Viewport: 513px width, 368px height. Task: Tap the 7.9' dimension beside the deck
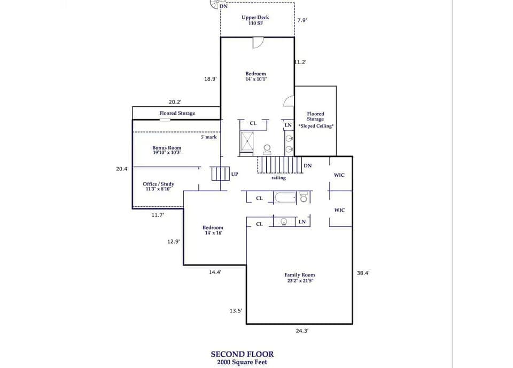(302, 20)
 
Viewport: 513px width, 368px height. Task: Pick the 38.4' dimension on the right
(363, 273)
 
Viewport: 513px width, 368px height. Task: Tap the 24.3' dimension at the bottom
(302, 331)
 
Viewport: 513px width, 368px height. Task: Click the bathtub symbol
(284, 199)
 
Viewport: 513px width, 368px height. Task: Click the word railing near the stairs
(278, 178)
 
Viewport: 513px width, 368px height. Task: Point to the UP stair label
(235, 174)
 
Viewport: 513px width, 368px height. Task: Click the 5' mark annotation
(208, 137)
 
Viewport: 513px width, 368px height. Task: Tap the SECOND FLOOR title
(242, 354)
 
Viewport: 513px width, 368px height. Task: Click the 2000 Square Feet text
(242, 362)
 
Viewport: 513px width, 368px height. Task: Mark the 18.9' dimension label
(210, 79)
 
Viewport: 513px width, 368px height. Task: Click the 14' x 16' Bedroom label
(213, 230)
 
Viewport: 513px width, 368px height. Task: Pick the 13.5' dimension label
(236, 310)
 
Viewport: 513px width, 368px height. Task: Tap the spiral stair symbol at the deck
(215, 3)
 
